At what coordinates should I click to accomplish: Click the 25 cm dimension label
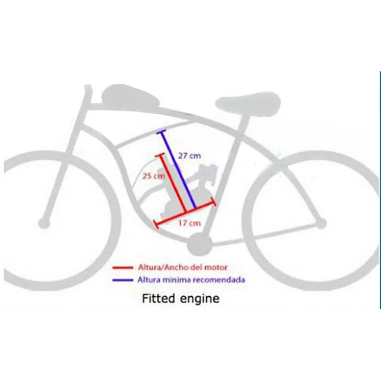(x=152, y=176)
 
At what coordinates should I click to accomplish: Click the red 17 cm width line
(x=186, y=213)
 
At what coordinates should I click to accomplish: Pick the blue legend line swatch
(x=121, y=280)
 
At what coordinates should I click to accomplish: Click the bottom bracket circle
(x=198, y=245)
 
